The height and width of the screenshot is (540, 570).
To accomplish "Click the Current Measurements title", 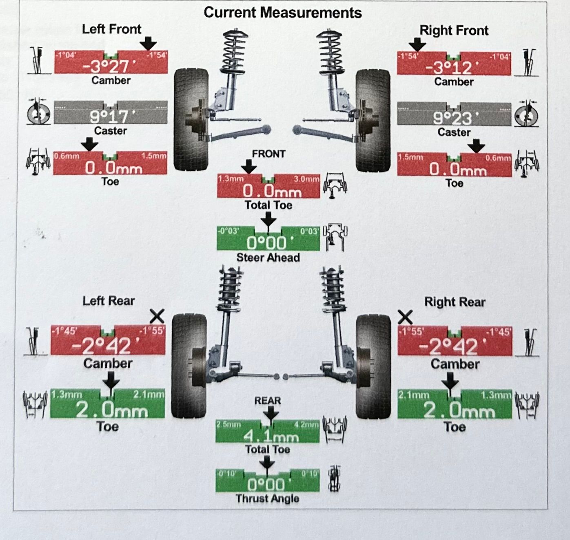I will [x=282, y=12].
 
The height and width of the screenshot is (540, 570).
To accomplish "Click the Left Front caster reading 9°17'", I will [x=109, y=117].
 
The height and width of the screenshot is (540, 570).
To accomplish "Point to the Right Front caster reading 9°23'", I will [x=453, y=118].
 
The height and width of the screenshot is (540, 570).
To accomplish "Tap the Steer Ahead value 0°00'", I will [x=267, y=243].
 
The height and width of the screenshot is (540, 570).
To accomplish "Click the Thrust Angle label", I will [x=267, y=498].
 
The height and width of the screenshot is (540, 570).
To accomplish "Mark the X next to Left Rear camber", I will [x=157, y=316].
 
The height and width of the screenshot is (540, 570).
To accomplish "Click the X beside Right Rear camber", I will [x=405, y=317].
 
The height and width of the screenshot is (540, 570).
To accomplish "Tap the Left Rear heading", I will [x=109, y=301].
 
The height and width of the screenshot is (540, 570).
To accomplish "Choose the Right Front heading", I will [x=454, y=30].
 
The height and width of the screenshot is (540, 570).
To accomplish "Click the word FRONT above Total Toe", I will [x=268, y=154].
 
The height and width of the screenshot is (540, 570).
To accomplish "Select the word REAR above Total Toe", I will [x=268, y=401].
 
